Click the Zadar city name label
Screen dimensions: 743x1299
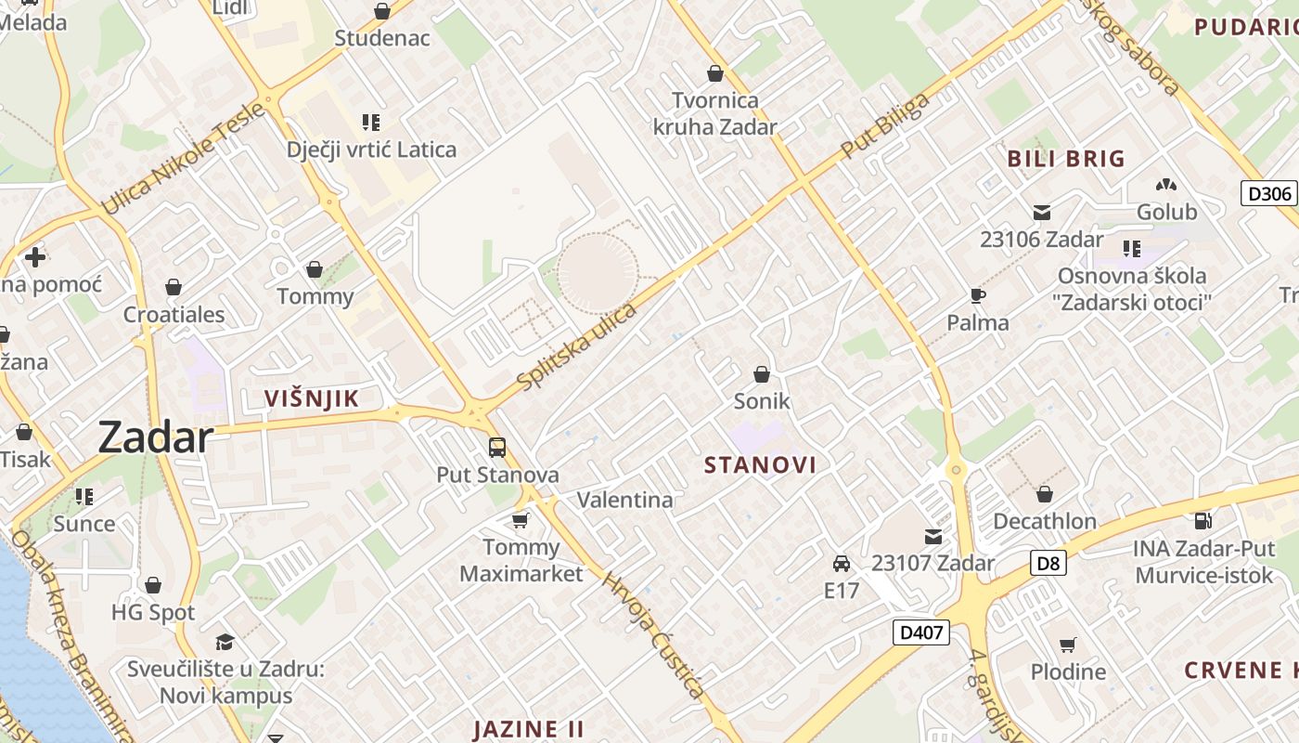point(155,437)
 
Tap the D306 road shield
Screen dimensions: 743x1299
point(1268,194)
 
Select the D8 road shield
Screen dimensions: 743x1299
point(1048,562)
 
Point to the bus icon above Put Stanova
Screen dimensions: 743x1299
point(497,448)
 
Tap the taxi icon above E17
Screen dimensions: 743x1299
point(842,564)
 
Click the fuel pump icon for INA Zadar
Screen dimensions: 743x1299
point(1203,521)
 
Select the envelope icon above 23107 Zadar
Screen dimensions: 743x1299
point(932,536)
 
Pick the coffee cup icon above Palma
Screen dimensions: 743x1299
point(977,295)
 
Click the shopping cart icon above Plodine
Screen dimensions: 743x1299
point(1068,645)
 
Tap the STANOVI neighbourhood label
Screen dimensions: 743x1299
point(760,465)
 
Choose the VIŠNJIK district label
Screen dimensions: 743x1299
point(311,399)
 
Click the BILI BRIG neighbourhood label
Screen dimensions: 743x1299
point(1066,159)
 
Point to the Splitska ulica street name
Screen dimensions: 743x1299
point(577,346)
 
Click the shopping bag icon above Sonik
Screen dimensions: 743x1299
point(762,374)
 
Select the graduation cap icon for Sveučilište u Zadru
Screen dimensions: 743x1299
point(225,642)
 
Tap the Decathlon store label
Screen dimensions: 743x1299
point(1045,521)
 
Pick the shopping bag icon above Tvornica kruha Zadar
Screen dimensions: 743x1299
point(715,72)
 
